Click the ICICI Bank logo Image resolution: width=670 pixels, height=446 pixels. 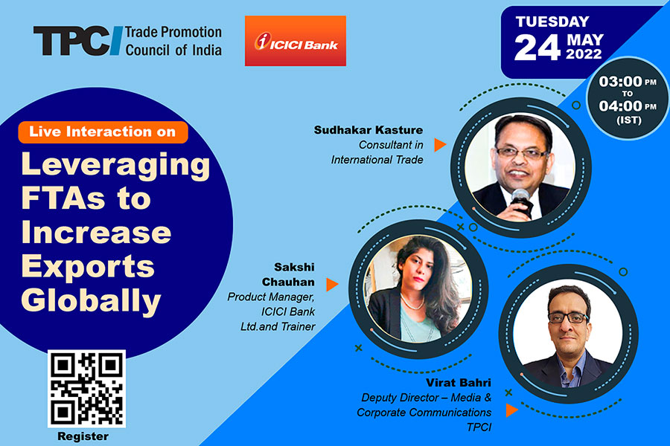[296, 41]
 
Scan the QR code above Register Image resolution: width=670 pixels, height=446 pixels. [87, 388]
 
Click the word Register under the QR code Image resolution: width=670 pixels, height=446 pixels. [83, 436]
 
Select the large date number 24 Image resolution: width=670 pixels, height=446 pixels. [537, 48]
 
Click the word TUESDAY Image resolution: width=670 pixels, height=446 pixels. [552, 22]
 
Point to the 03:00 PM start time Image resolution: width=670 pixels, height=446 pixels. [628, 81]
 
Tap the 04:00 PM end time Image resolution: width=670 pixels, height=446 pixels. [628, 106]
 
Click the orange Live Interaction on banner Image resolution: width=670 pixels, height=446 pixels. [103, 132]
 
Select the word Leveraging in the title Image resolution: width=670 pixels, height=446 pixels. [115, 166]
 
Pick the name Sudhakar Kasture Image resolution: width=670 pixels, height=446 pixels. [368, 130]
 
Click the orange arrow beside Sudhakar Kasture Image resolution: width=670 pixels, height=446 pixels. [440, 145]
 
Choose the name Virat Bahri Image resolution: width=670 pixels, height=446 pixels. [459, 382]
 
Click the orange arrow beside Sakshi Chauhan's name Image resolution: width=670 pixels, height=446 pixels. [332, 285]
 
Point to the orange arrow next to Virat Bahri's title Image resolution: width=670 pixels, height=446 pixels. [512, 410]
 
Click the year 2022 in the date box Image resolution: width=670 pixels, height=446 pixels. [584, 54]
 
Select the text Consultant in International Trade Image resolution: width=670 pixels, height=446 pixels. [377, 152]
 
